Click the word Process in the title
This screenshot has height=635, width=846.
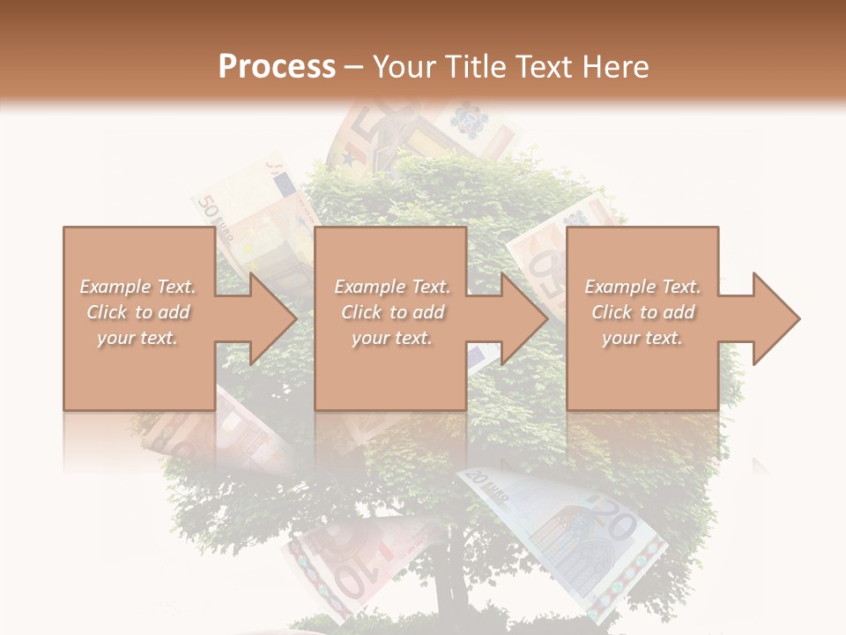(277, 67)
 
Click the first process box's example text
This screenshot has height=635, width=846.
(138, 312)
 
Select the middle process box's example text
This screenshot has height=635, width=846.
(392, 312)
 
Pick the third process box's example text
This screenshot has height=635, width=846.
(642, 312)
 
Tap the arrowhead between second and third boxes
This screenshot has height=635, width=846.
(523, 318)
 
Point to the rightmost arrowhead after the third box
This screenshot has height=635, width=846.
(775, 318)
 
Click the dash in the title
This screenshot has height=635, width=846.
(354, 67)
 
